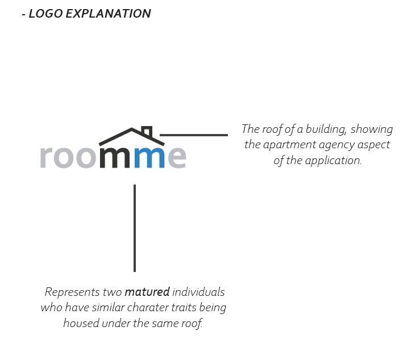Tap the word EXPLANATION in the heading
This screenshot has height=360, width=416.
pos(108,14)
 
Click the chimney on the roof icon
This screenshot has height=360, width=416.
pos(147,131)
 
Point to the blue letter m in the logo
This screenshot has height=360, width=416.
pos(149,158)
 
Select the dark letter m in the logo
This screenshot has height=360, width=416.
pos(115,158)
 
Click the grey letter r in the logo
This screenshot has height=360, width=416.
pos(46,158)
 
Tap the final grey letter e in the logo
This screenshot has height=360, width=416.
pos(177,158)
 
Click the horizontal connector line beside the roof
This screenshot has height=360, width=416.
pos(194,135)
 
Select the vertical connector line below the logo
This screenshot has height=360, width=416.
pos(135,228)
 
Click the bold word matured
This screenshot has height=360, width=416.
pos(147,292)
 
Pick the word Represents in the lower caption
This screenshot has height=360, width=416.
pos(72,292)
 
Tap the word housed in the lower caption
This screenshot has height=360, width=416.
pos(81,324)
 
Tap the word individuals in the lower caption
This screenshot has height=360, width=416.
pos(198,292)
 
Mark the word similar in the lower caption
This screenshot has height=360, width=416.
pos(108,308)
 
